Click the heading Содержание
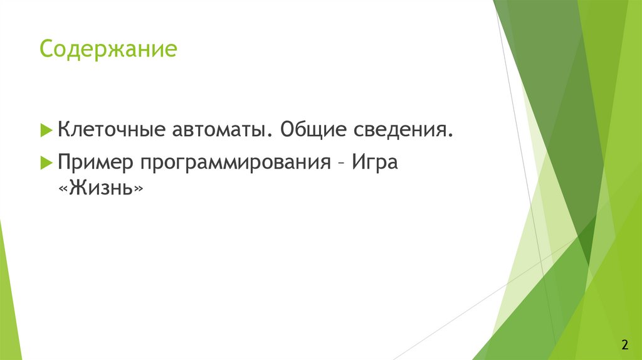(x=108, y=49)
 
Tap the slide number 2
(x=624, y=344)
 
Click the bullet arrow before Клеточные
(x=46, y=130)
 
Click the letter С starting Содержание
(x=46, y=49)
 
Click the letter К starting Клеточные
(x=63, y=130)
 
